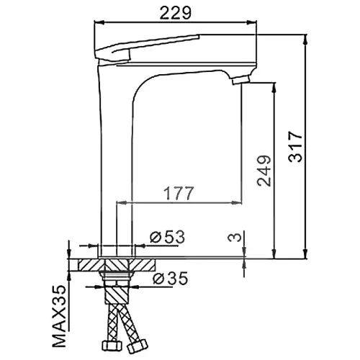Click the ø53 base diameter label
pyautogui.click(x=167, y=235)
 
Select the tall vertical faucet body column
pyautogui.click(x=114, y=158)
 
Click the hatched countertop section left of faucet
pyautogui.click(x=88, y=265)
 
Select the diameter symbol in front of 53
pyautogui.click(x=154, y=236)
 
